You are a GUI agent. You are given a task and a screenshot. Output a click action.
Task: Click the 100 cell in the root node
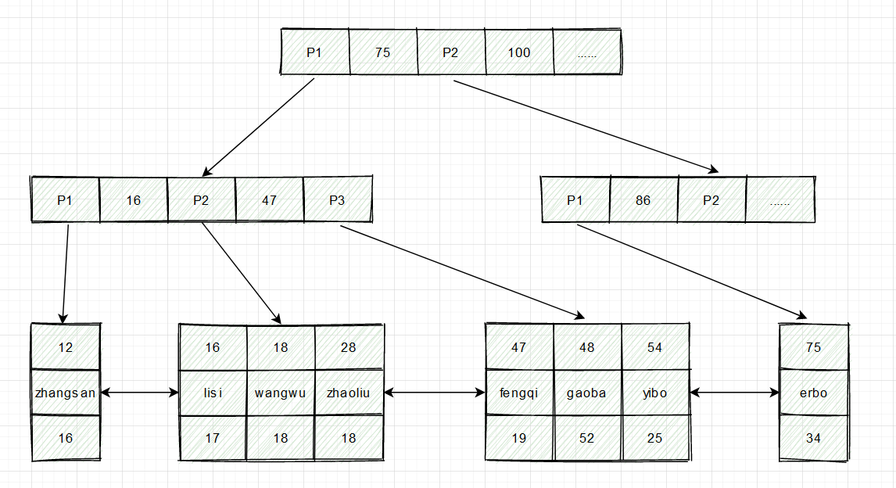(x=518, y=52)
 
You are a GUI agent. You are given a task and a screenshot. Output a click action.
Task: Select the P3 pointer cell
(x=337, y=200)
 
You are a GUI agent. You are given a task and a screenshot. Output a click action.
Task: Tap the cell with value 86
(x=643, y=200)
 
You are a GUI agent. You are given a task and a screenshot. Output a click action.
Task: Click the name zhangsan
(x=66, y=393)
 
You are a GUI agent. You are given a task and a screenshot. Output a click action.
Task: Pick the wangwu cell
(x=281, y=393)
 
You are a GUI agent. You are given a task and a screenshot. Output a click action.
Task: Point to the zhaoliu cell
(x=349, y=393)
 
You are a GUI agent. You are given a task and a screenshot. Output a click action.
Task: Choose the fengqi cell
(x=518, y=393)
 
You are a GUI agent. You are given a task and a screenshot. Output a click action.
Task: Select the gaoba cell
(x=586, y=393)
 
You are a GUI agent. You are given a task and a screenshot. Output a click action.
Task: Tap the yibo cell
(x=654, y=393)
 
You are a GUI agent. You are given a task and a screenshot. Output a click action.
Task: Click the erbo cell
(x=814, y=393)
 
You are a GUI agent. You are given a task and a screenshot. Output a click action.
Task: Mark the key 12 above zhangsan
(x=66, y=346)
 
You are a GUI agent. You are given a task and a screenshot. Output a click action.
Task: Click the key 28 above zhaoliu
(x=349, y=346)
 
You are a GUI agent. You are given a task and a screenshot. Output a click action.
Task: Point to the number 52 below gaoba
(x=586, y=438)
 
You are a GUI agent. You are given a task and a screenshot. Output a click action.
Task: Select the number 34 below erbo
(x=814, y=438)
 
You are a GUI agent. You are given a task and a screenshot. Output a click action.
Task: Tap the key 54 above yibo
(x=654, y=346)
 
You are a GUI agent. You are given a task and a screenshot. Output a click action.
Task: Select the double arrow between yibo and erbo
(x=735, y=393)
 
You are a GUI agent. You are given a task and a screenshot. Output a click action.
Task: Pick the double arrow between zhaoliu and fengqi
(x=434, y=393)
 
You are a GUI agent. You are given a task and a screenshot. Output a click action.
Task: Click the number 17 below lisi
(x=213, y=438)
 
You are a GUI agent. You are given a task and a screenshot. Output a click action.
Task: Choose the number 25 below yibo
(x=654, y=438)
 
